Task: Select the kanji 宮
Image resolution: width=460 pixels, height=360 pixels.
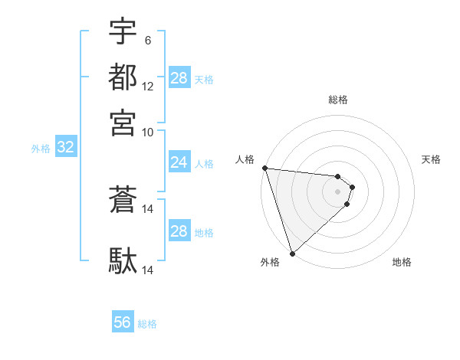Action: point(123,122)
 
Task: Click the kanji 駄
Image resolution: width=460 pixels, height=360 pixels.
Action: point(123,260)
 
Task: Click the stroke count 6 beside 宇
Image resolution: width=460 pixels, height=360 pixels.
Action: point(147,40)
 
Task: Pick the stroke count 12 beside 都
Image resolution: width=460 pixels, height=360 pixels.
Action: point(148,87)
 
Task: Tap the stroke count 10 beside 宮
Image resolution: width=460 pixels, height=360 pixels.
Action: point(148,132)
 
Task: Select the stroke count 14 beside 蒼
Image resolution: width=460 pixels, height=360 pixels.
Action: point(148,208)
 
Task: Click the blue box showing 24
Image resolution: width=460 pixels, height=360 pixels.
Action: point(179,162)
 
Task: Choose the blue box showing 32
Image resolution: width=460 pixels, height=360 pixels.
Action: point(65,148)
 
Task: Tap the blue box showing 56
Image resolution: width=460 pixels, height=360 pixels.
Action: point(123,322)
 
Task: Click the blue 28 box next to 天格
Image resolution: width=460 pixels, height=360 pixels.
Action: point(179,78)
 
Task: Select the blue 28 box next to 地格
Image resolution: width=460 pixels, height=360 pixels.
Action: point(179,231)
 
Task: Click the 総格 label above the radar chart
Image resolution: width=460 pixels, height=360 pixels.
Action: point(338,100)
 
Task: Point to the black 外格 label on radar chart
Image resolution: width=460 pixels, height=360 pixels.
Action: point(270,262)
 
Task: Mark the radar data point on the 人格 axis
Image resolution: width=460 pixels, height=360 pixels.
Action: point(264,168)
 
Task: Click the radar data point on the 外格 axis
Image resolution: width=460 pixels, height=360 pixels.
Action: point(293,253)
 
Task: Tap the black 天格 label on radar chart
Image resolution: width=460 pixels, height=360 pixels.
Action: point(431,159)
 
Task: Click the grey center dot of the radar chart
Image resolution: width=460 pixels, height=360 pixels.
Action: point(338,191)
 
